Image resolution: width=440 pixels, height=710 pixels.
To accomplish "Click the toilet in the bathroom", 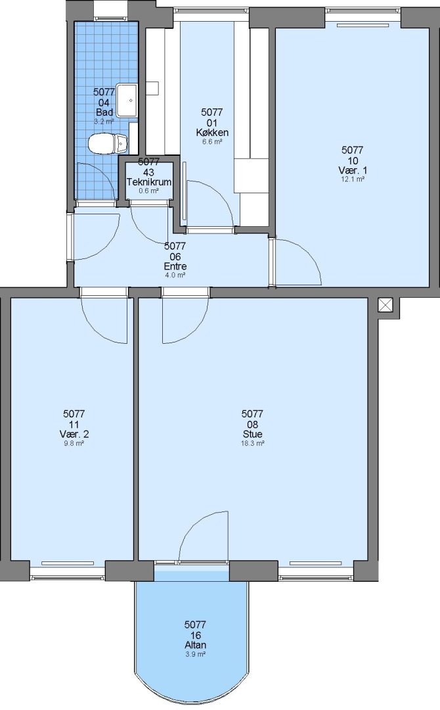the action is pos(108,143).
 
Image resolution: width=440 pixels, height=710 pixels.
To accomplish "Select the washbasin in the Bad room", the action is pos(127,100).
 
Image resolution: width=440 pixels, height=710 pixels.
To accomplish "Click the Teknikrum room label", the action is pos(149,182).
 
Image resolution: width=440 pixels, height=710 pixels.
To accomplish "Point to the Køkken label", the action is pos(212,132).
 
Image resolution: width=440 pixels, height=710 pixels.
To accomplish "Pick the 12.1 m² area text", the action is pos(353,179).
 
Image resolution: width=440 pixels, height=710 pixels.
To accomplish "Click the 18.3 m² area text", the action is pos(252,443).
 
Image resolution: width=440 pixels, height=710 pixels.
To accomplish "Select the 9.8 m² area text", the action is pos(74,443).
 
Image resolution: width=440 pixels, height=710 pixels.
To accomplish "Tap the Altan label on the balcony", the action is pos(195,645).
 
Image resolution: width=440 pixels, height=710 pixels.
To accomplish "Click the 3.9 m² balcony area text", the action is pos(195,654).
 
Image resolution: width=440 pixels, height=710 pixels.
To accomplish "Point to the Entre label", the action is pos(175,266).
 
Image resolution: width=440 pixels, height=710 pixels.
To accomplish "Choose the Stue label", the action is pos(252,434).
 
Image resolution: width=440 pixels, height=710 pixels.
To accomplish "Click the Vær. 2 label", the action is pos(74,434).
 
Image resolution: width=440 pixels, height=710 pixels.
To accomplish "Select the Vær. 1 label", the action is pos(353,170).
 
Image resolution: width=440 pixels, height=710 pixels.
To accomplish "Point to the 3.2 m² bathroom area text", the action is pos(104,122).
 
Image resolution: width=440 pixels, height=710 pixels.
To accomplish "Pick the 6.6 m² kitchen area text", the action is pos(212,142).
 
